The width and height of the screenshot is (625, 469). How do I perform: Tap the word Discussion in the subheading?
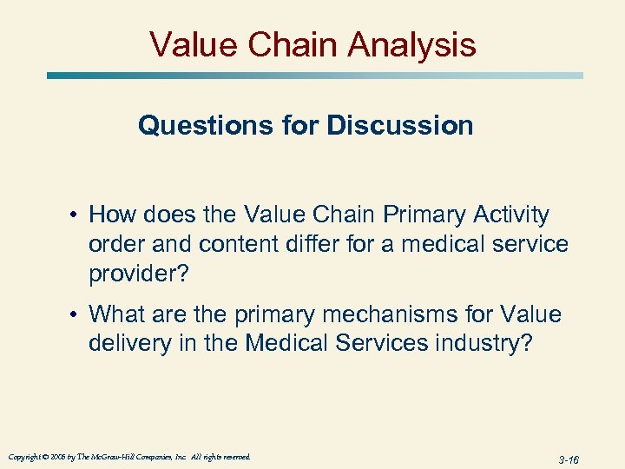pyautogui.click(x=400, y=126)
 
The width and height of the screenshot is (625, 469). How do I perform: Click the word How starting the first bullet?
pyautogui.click(x=110, y=215)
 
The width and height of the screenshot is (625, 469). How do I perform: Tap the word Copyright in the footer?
pyautogui.click(x=23, y=457)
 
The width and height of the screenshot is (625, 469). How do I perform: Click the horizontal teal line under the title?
pyautogui.click(x=312, y=76)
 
